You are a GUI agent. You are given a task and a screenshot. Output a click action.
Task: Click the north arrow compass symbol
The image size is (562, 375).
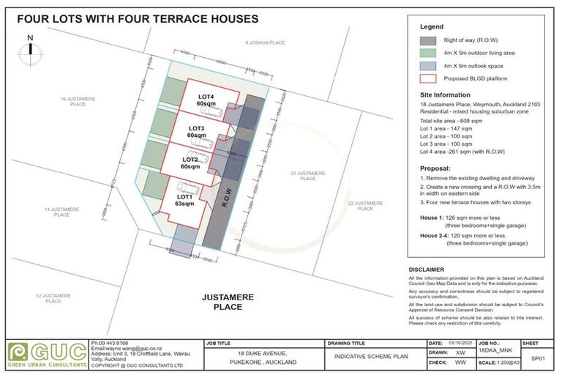click(29, 49)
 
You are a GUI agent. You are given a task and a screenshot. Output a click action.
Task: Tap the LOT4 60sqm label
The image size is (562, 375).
click(206, 100)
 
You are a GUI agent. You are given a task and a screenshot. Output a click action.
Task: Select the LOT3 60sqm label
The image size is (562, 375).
click(196, 132)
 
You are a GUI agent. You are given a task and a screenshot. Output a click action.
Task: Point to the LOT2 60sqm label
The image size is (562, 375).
click(191, 163)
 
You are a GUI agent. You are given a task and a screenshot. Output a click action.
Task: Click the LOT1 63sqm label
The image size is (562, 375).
click(184, 200)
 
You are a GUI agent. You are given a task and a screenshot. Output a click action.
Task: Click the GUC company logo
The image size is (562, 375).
click(45, 355)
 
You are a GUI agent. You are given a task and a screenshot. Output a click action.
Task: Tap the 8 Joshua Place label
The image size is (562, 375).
click(264, 43)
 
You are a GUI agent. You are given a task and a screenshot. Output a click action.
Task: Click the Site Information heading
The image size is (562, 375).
click(445, 95)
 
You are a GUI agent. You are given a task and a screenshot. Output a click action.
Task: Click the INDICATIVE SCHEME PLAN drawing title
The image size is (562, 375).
click(371, 357)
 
